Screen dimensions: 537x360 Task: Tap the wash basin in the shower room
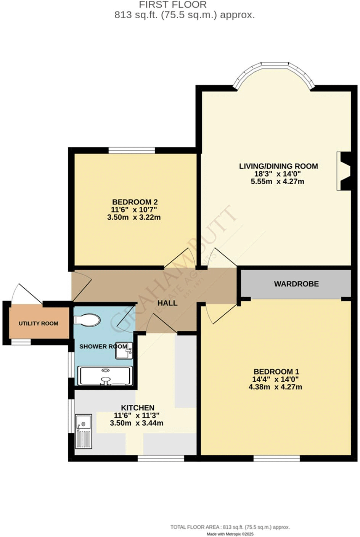pyautogui.click(x=124, y=350)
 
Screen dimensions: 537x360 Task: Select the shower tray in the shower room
pyautogui.click(x=105, y=375)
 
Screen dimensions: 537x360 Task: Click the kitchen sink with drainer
pyautogui.click(x=84, y=431)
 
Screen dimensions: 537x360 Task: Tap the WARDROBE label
pyautogui.click(x=296, y=284)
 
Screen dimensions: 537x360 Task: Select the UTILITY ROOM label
pyautogui.click(x=39, y=323)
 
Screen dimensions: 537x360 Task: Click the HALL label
pyautogui.click(x=167, y=303)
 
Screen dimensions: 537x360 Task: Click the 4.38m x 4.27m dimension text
pyautogui.click(x=275, y=387)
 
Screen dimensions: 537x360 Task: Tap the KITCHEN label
pyautogui.click(x=137, y=408)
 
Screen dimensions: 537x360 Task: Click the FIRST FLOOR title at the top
pyautogui.click(x=172, y=5)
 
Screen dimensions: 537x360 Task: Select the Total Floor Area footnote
pyautogui.click(x=230, y=527)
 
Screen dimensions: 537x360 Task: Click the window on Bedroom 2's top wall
pyautogui.click(x=132, y=150)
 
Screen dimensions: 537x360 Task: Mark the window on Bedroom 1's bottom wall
pyautogui.click(x=276, y=458)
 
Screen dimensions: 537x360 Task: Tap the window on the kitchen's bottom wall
pyautogui.click(x=161, y=458)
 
